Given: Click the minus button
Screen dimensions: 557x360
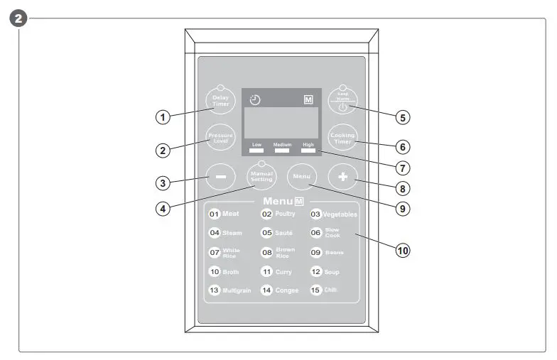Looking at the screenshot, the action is click(220, 178).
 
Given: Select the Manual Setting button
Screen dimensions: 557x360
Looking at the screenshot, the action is click(261, 177).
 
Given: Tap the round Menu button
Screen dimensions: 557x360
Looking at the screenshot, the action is click(301, 176).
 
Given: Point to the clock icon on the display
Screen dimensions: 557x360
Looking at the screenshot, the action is click(255, 100).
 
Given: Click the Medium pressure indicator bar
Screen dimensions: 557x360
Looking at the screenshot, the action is click(282, 151).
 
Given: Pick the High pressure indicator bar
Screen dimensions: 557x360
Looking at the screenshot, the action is click(308, 151).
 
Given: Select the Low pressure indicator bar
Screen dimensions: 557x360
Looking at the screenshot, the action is click(256, 151).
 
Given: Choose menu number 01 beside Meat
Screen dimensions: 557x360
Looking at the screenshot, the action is click(214, 214).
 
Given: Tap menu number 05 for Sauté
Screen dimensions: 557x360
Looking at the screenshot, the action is click(267, 233).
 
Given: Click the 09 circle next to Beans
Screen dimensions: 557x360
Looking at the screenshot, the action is click(316, 252).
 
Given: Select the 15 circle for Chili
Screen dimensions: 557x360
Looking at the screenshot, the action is click(316, 290).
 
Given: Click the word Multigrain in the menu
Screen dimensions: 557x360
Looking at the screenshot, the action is click(237, 290).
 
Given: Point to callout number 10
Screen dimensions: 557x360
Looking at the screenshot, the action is click(403, 250).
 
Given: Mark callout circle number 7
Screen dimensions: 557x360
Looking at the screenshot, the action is click(403, 168).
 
